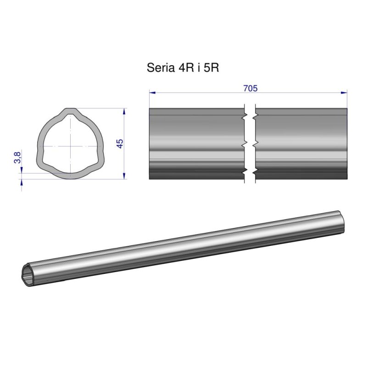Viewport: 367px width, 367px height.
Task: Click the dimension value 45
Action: [x=120, y=144]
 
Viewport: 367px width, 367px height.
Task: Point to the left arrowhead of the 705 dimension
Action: [x=152, y=93]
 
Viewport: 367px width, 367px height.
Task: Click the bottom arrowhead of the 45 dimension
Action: [x=124, y=176]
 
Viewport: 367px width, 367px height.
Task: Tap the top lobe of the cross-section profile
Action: [x=70, y=112]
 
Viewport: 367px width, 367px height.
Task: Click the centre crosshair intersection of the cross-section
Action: [x=70, y=145]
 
